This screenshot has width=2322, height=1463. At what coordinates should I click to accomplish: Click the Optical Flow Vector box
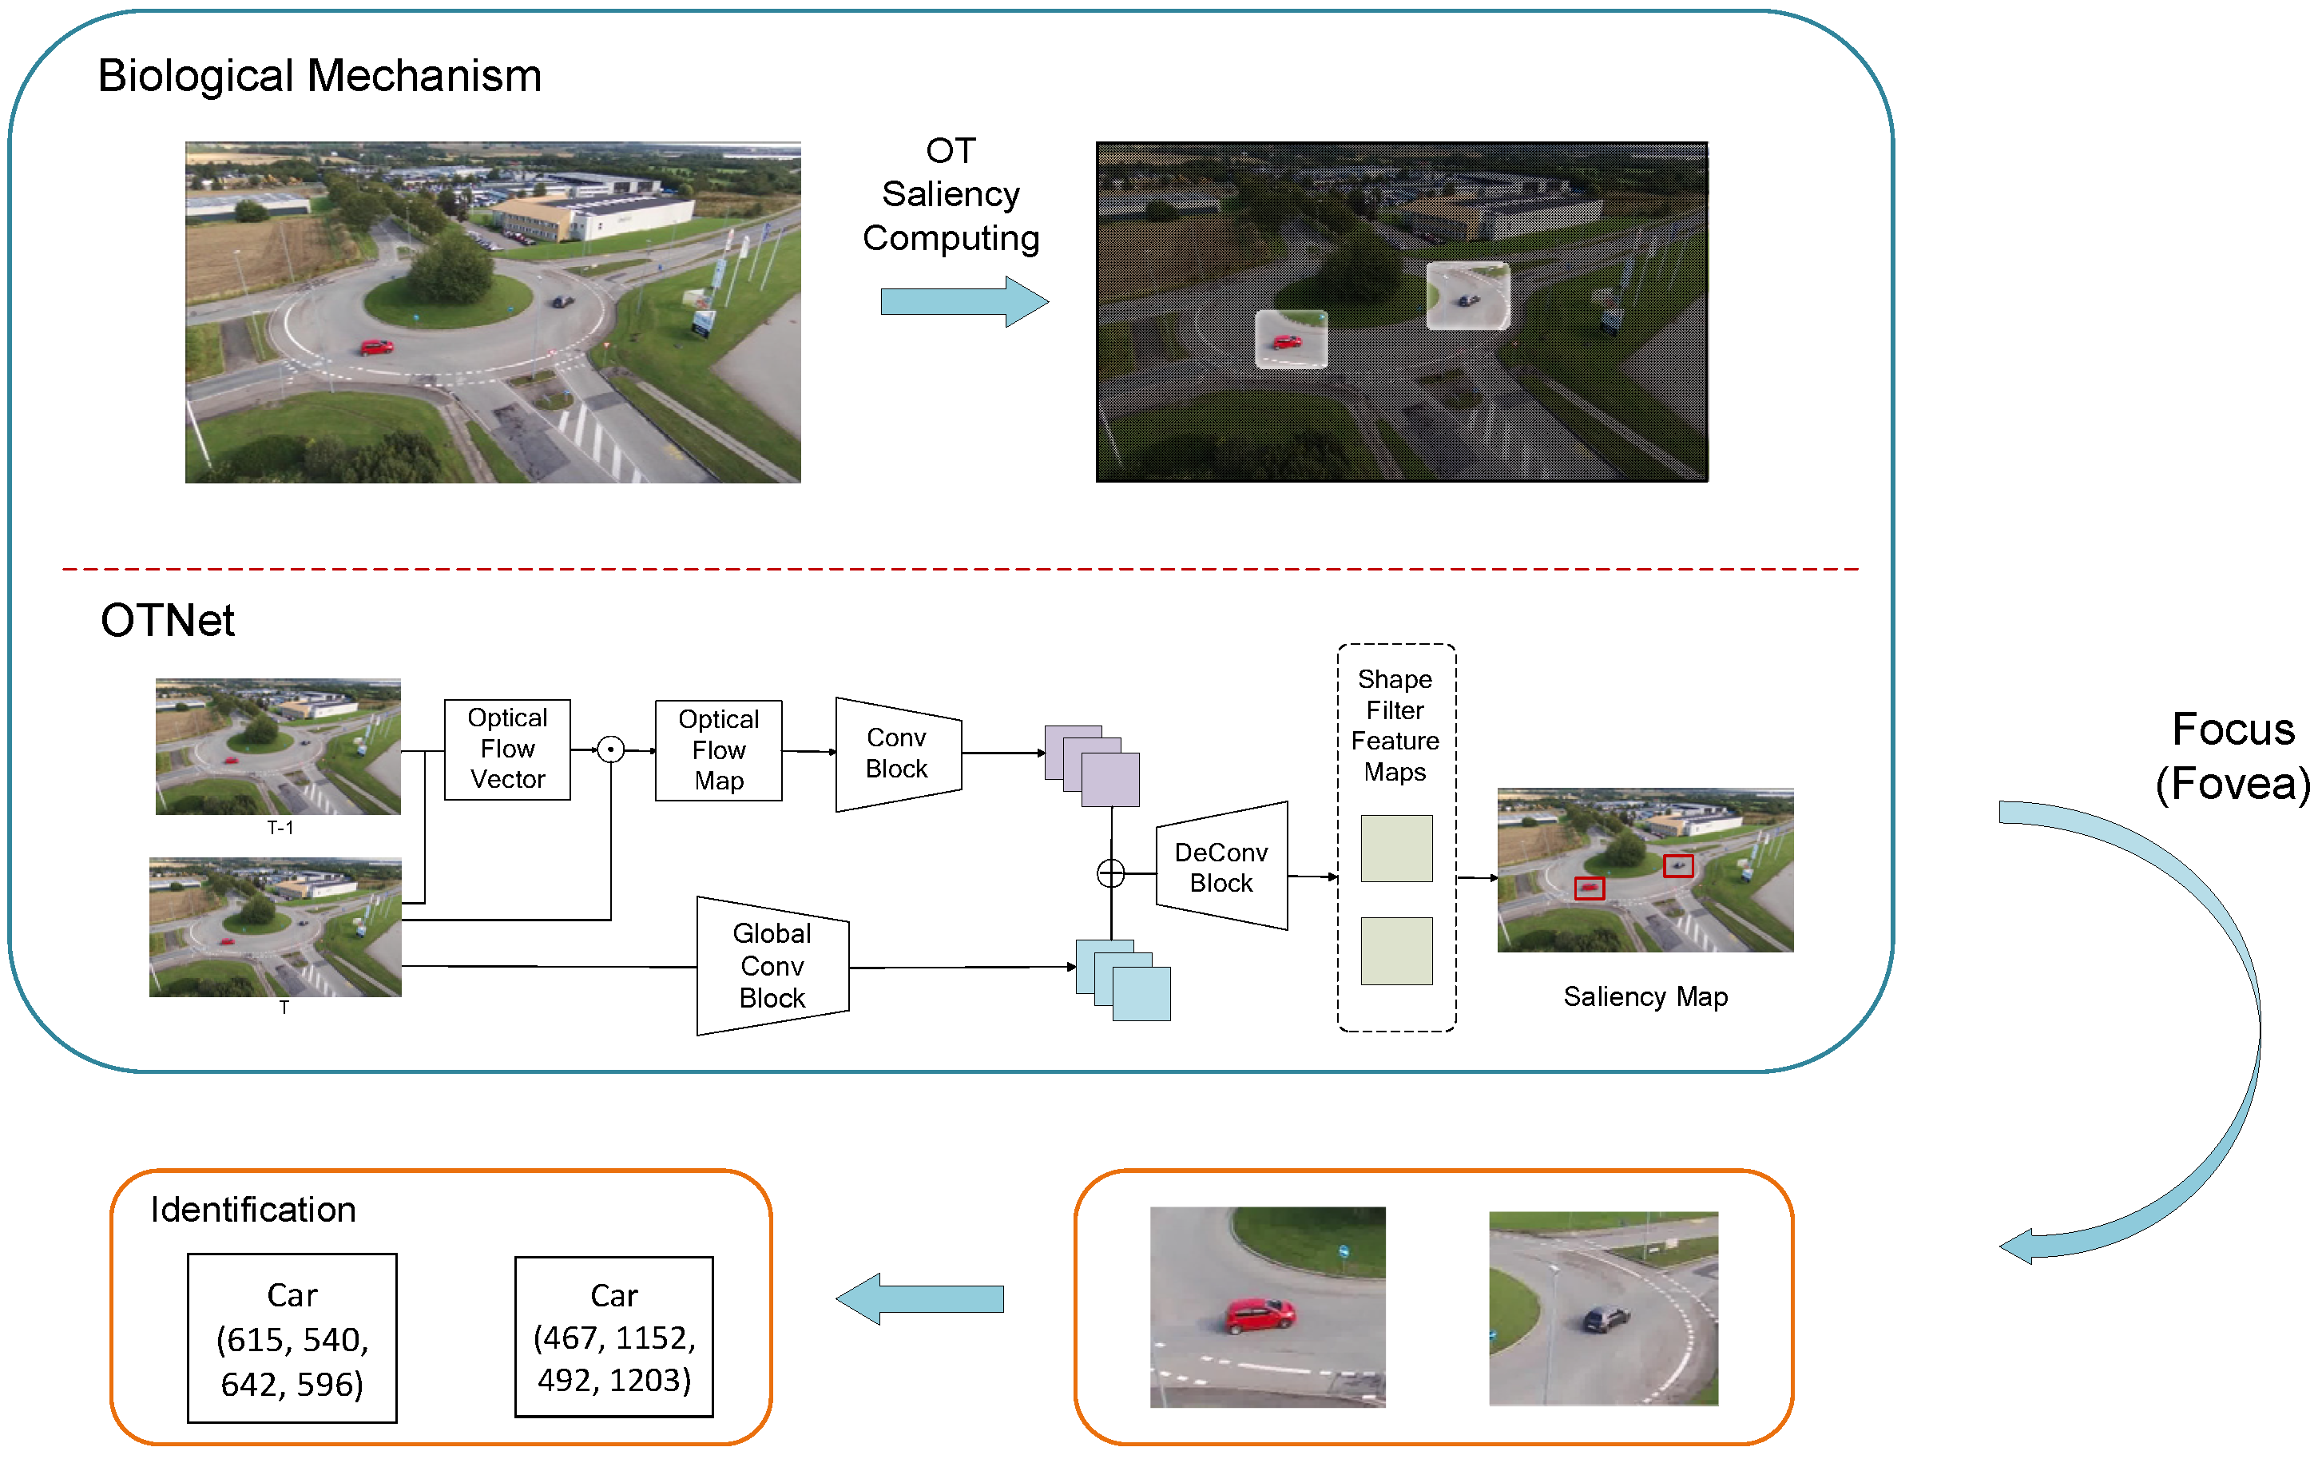tap(507, 749)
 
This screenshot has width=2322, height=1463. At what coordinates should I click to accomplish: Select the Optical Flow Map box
tap(718, 750)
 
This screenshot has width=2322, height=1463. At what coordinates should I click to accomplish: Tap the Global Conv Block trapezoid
tap(772, 965)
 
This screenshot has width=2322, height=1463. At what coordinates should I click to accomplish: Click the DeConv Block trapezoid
tap(1221, 866)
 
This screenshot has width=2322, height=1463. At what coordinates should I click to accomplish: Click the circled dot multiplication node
tap(610, 749)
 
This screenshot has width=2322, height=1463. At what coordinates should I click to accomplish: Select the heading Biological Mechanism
tap(320, 75)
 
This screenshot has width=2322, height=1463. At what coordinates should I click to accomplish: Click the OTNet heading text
tap(168, 620)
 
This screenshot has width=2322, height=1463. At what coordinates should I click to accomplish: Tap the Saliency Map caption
tap(1645, 996)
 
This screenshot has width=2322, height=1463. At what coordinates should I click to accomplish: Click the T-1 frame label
tap(280, 828)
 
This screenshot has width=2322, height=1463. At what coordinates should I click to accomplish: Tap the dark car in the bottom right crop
tap(1606, 1318)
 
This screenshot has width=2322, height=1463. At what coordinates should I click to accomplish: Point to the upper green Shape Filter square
tap(1396, 849)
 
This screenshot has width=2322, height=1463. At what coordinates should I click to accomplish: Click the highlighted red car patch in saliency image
tap(1290, 340)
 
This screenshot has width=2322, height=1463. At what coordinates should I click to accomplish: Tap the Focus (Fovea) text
tap(2233, 756)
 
